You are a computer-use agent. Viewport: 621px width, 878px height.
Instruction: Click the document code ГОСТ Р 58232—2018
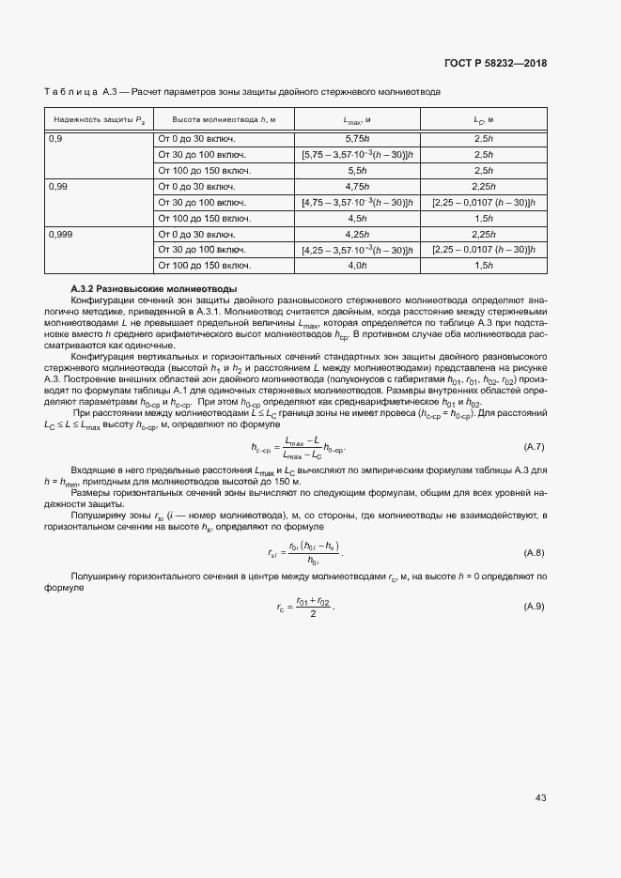tap(494, 63)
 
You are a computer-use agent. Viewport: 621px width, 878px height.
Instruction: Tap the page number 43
tap(540, 798)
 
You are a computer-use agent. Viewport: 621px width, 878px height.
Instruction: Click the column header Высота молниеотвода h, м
tap(224, 120)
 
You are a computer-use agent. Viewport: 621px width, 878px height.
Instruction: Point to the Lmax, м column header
tap(357, 120)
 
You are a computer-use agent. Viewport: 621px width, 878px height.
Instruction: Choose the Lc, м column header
tap(484, 120)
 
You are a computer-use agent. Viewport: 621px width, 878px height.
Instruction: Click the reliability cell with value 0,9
tap(56, 138)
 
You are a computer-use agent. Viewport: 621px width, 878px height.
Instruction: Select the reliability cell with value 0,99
tap(58, 186)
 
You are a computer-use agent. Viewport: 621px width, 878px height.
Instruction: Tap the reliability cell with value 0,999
tap(61, 234)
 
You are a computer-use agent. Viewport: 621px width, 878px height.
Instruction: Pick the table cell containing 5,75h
tap(357, 138)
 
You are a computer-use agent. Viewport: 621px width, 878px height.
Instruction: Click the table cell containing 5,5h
tap(357, 170)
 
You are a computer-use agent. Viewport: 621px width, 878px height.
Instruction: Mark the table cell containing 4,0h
tap(357, 266)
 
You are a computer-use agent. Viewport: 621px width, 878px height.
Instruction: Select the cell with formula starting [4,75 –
tap(357, 202)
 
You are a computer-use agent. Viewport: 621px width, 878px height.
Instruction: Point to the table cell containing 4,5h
tap(357, 218)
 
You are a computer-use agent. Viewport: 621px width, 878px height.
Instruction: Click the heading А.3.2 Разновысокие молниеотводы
tap(154, 287)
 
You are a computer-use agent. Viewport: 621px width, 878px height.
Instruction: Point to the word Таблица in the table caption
tap(70, 92)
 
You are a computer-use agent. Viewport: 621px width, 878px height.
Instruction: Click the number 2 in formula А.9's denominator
tap(311, 614)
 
